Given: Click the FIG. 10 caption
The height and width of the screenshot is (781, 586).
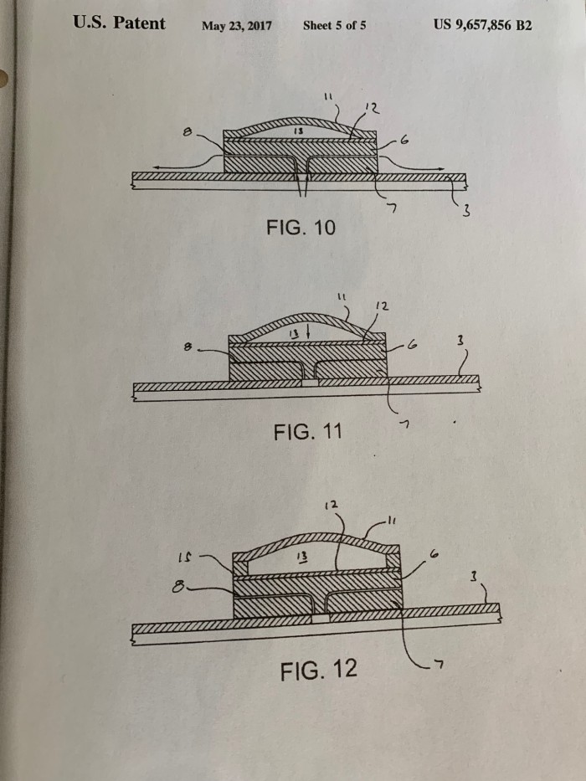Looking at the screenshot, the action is [x=301, y=228].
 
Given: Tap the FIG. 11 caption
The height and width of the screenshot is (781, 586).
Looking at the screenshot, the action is [x=308, y=431].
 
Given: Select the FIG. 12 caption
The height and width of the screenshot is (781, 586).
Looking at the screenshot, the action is [x=319, y=670].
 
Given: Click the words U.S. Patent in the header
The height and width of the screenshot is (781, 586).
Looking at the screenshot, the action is [x=119, y=23].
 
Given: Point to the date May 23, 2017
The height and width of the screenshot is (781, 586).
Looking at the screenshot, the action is [x=237, y=26].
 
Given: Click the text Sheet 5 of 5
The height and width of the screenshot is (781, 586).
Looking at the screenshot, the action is [x=334, y=25].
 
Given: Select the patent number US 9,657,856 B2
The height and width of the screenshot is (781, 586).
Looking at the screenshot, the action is [x=482, y=25].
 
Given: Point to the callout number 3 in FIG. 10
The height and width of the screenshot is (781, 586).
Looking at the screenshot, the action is [x=466, y=211].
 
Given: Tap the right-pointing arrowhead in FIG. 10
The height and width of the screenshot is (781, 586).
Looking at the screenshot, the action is [x=441, y=169].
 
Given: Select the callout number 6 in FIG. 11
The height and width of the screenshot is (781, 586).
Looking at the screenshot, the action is [x=412, y=344].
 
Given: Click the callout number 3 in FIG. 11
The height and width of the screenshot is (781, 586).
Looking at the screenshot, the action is [x=460, y=341].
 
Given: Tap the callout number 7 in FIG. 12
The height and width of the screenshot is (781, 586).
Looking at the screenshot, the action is [x=439, y=664].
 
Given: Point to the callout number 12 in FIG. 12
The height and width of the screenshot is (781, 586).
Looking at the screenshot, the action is [x=332, y=505].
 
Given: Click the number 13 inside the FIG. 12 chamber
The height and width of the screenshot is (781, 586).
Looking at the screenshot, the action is [x=301, y=557].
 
